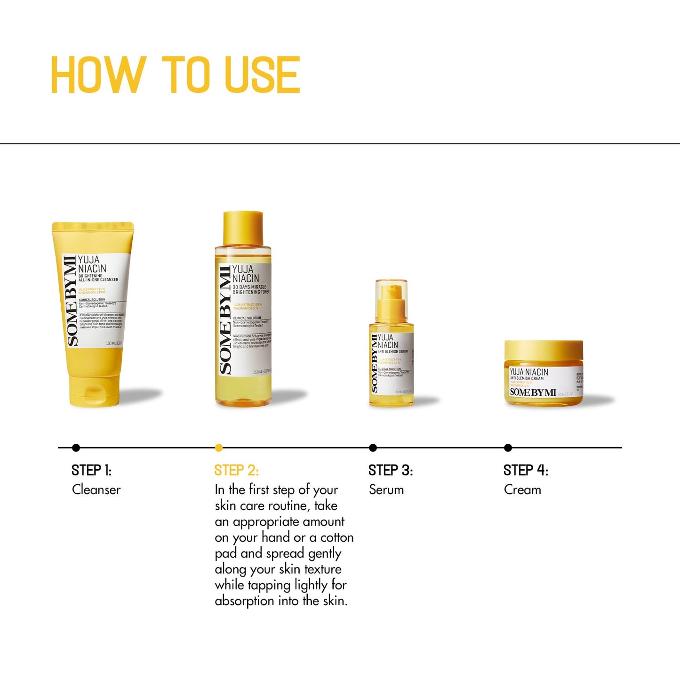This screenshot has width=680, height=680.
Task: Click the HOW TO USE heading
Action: [x=175, y=75]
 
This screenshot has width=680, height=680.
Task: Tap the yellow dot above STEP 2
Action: [x=219, y=448]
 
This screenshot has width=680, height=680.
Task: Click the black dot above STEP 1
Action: [x=76, y=448]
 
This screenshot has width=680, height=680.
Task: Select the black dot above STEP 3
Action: [x=373, y=448]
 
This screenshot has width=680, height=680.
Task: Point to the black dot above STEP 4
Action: [x=508, y=448]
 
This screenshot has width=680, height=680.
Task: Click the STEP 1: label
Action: [x=91, y=470]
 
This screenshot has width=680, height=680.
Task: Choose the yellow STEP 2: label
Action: [x=236, y=470]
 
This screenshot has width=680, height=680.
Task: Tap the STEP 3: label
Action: [x=391, y=470]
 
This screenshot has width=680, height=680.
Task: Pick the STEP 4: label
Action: [x=526, y=470]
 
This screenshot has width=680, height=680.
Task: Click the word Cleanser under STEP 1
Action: [x=96, y=490]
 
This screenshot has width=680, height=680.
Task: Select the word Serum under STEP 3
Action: [x=386, y=490]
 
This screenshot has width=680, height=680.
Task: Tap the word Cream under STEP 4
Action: [x=522, y=490]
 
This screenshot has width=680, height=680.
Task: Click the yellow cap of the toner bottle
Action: [x=243, y=228]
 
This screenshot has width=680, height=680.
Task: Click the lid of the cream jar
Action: [x=544, y=351]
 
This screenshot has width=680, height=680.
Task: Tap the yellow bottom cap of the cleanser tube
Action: [x=94, y=390]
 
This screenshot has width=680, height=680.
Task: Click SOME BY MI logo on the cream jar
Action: [x=533, y=392]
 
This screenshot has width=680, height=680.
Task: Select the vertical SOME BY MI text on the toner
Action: [x=226, y=320]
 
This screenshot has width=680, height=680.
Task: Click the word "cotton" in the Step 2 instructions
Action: [x=336, y=537]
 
